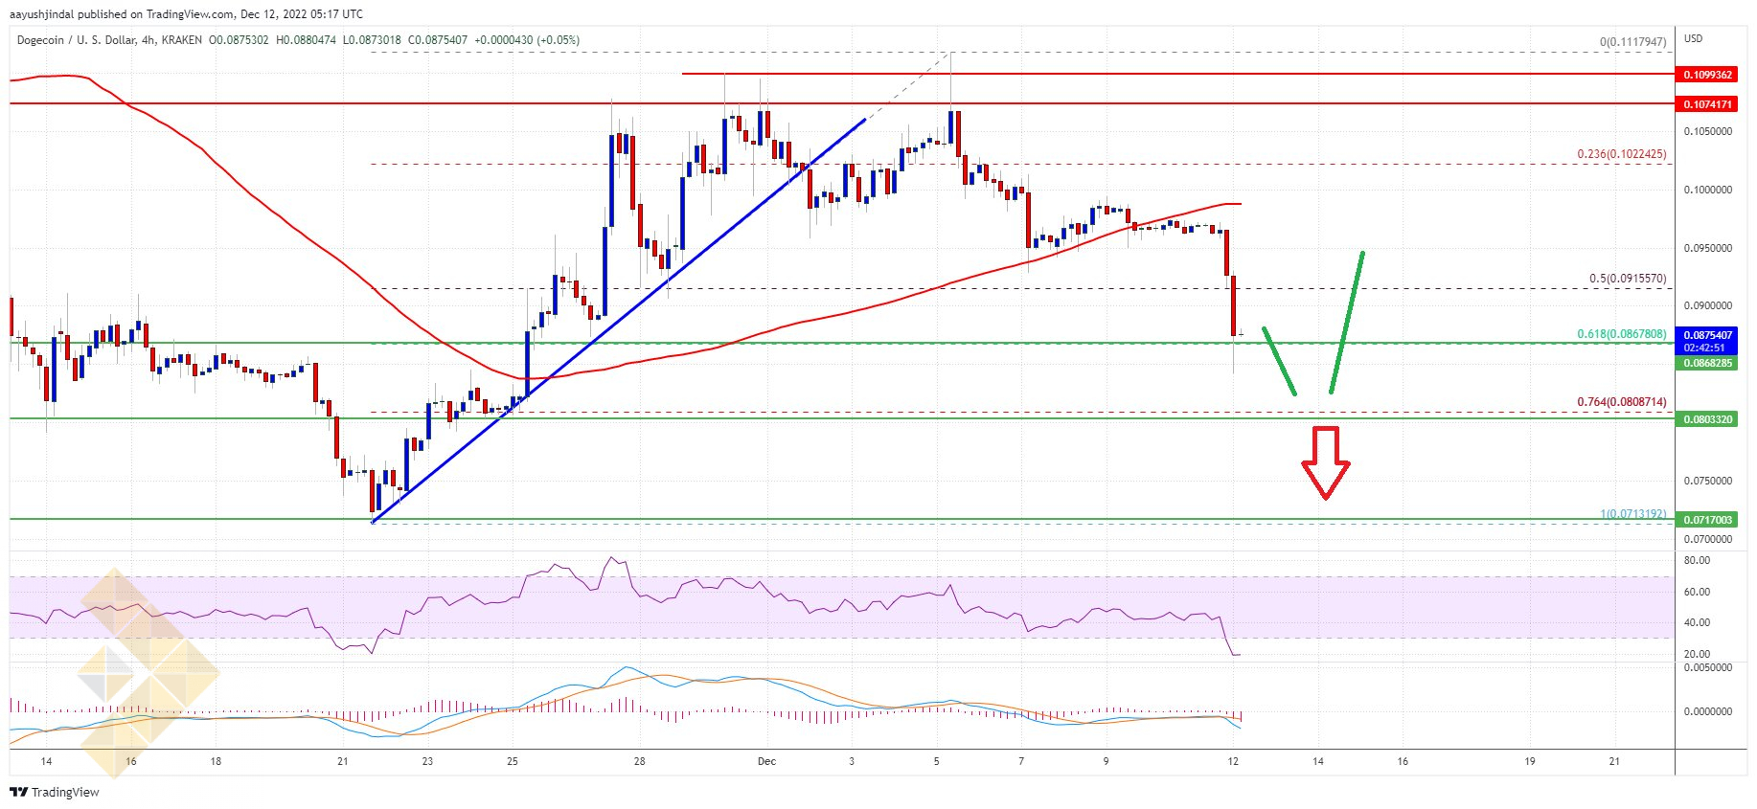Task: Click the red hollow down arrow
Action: (1325, 461)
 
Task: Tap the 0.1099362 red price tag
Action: (1707, 75)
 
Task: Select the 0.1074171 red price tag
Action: (1707, 104)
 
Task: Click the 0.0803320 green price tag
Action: (1707, 419)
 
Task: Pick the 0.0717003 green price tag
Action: (1707, 520)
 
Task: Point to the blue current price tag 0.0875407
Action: (1707, 335)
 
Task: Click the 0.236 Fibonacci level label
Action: (1621, 154)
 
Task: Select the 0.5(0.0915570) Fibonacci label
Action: (1628, 279)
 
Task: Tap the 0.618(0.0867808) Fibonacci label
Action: (1621, 334)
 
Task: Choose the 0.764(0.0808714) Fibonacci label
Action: (1621, 402)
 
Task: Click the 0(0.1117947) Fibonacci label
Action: (1632, 42)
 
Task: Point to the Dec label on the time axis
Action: (766, 762)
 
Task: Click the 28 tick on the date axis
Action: (639, 762)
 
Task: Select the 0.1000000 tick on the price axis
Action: (1707, 190)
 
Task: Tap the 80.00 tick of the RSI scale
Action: (1697, 561)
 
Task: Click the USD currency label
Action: (1694, 38)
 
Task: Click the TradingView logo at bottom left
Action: (55, 792)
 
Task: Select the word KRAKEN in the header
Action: (181, 40)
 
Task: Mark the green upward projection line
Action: (1346, 322)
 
